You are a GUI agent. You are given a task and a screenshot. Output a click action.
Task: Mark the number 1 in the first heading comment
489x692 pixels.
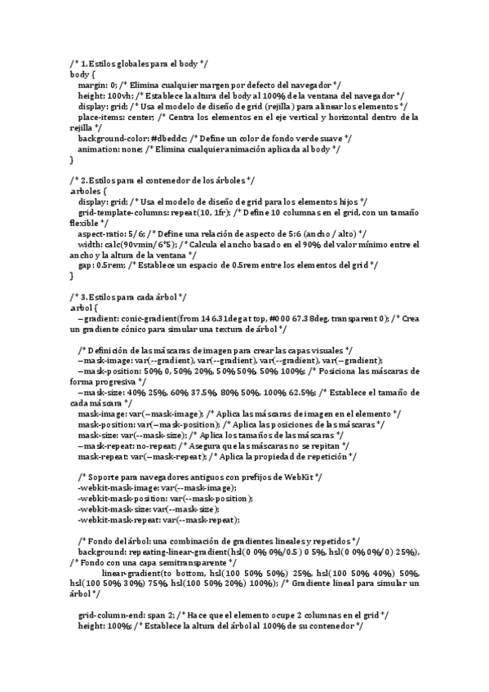pos(83,64)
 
